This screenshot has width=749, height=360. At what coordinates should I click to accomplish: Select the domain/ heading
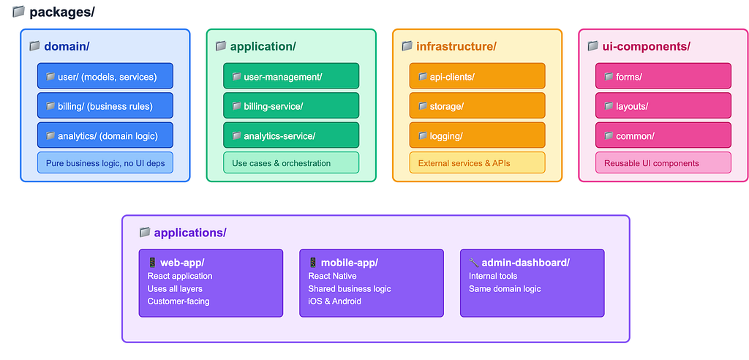[x=66, y=47]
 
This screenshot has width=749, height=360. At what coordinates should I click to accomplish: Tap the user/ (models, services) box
[x=105, y=77]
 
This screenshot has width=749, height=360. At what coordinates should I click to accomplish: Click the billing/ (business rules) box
[x=105, y=106]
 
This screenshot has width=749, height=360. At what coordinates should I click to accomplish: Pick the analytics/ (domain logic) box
[x=105, y=135]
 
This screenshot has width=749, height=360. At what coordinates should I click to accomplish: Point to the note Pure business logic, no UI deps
[x=105, y=163]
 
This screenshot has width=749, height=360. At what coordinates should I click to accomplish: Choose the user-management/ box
[x=291, y=77]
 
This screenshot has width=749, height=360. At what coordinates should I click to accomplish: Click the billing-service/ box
[x=291, y=106]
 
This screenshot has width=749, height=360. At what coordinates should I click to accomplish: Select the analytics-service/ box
[x=291, y=135]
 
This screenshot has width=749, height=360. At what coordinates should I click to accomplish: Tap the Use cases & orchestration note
[x=291, y=163]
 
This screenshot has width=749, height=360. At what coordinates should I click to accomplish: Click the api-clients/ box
[x=477, y=77]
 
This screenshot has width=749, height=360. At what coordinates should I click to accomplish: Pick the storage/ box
[x=477, y=106]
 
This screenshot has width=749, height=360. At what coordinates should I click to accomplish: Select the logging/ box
[x=477, y=135]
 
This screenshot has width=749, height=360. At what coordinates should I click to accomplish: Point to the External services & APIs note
[x=477, y=163]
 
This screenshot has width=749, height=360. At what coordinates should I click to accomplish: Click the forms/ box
[x=663, y=77]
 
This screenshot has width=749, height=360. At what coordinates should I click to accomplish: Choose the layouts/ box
[x=663, y=106]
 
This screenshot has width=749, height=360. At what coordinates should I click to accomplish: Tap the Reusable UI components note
[x=663, y=163]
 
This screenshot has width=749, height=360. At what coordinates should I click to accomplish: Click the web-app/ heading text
[x=182, y=263]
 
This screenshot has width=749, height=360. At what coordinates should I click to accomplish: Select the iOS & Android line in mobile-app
[x=334, y=301]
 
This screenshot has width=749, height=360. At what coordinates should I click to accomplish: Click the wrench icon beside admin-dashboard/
[x=473, y=263]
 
